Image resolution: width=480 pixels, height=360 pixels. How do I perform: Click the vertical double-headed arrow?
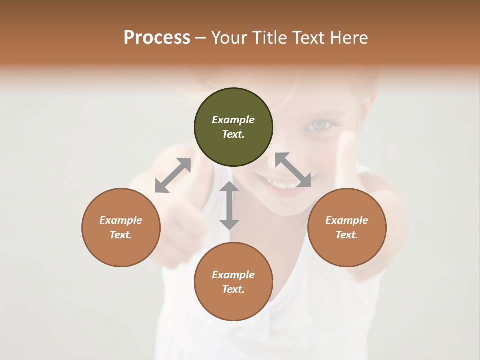(229, 205)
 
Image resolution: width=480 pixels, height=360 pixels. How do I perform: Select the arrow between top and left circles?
(173, 175)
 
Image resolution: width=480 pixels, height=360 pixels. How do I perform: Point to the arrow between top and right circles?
(293, 170)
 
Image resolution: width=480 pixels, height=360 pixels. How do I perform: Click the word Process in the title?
(157, 37)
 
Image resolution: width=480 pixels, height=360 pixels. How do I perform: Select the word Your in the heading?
(229, 37)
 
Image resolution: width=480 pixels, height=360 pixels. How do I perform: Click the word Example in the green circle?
(233, 120)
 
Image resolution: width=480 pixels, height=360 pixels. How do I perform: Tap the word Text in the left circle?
(121, 235)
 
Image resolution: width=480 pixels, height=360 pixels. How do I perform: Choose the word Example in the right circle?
(347, 220)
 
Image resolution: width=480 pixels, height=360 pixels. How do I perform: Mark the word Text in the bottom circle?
(233, 289)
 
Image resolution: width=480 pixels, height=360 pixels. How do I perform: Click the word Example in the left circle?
(121, 220)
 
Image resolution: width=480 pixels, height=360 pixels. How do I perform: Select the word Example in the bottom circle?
(233, 275)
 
